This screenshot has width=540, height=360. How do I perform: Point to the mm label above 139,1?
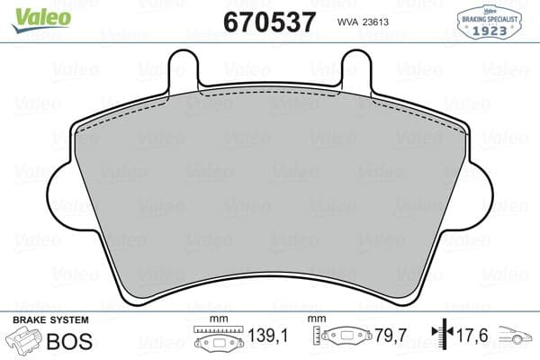[x=216, y=320]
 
